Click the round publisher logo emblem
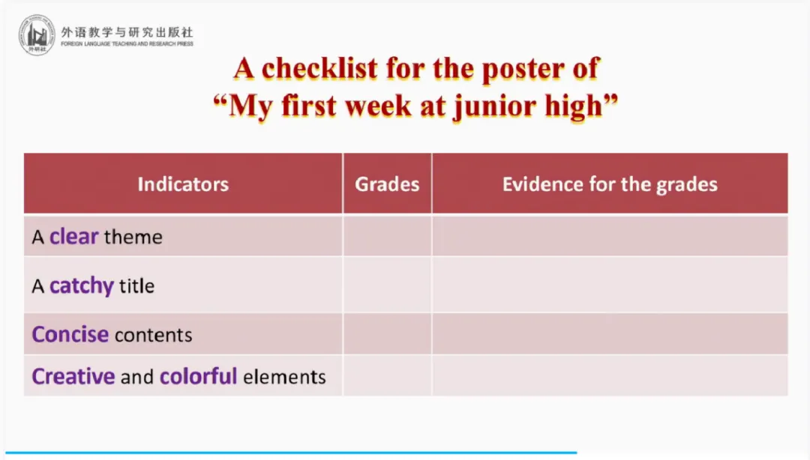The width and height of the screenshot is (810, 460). click(37, 35)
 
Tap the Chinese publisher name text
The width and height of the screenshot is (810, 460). click(127, 32)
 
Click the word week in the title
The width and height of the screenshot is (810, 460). click(377, 106)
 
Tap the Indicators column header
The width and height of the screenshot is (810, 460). click(184, 184)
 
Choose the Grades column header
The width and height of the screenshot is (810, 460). click(387, 184)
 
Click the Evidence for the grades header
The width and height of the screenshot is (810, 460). click(610, 184)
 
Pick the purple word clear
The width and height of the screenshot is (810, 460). click(73, 237)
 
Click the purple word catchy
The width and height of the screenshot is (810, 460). click(82, 286)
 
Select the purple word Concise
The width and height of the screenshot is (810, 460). click(70, 335)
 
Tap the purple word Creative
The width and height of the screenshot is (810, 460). click(73, 376)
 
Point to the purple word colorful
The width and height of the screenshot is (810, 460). click(198, 376)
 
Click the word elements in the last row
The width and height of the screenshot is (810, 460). click(285, 377)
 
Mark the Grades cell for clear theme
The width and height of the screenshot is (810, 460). click(388, 236)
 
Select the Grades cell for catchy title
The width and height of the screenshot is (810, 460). click(388, 285)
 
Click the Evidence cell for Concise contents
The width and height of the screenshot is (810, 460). click(610, 333)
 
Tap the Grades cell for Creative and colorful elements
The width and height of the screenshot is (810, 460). click(388, 375)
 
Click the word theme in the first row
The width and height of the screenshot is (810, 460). click(133, 237)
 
